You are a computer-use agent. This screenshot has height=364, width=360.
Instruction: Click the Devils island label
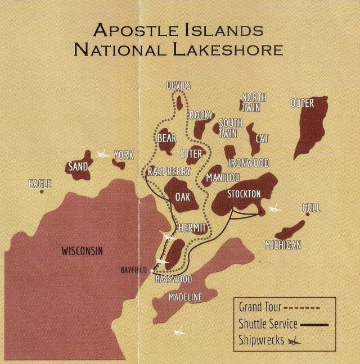pos(178,85)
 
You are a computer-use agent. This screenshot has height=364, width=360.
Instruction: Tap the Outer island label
pos(302,103)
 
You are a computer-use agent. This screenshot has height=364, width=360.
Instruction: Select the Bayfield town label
pos(133,270)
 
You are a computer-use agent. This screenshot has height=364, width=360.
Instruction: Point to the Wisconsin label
pos(82,251)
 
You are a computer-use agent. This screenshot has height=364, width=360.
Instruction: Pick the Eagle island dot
pos(42,192)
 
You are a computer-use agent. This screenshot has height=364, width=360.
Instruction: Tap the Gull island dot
pos(308,214)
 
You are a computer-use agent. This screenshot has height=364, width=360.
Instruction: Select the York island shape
pos(119,164)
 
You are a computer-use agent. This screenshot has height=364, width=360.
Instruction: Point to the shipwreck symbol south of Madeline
pos(179,331)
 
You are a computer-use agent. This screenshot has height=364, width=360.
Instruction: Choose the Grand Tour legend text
pos(258,307)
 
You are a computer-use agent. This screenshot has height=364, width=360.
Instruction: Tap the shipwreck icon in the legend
pos(295,340)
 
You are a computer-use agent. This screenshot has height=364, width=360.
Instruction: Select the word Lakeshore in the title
pos(233,49)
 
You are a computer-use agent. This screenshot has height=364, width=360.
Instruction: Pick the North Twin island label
pos(254,102)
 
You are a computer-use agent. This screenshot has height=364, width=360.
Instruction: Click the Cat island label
pos(262,138)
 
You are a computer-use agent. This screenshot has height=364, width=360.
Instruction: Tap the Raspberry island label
pos(169,172)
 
